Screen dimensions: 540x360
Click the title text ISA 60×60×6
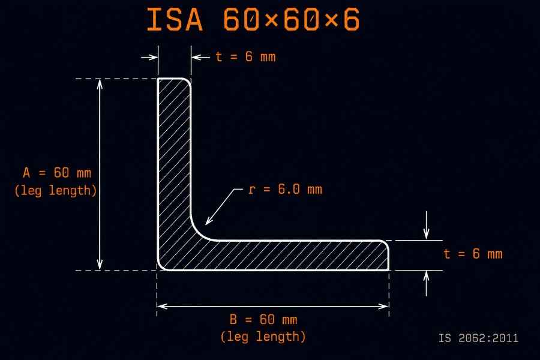click(253, 20)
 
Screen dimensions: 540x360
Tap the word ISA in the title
click(175, 20)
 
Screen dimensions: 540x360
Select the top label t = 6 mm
click(245, 57)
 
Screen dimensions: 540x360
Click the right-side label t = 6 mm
click(473, 254)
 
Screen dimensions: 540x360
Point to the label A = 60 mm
click(57, 173)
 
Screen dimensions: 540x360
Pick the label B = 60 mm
click(263, 319)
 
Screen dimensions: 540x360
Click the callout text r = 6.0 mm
click(285, 189)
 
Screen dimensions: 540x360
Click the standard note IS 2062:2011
click(478, 338)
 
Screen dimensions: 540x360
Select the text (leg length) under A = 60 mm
click(56, 191)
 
